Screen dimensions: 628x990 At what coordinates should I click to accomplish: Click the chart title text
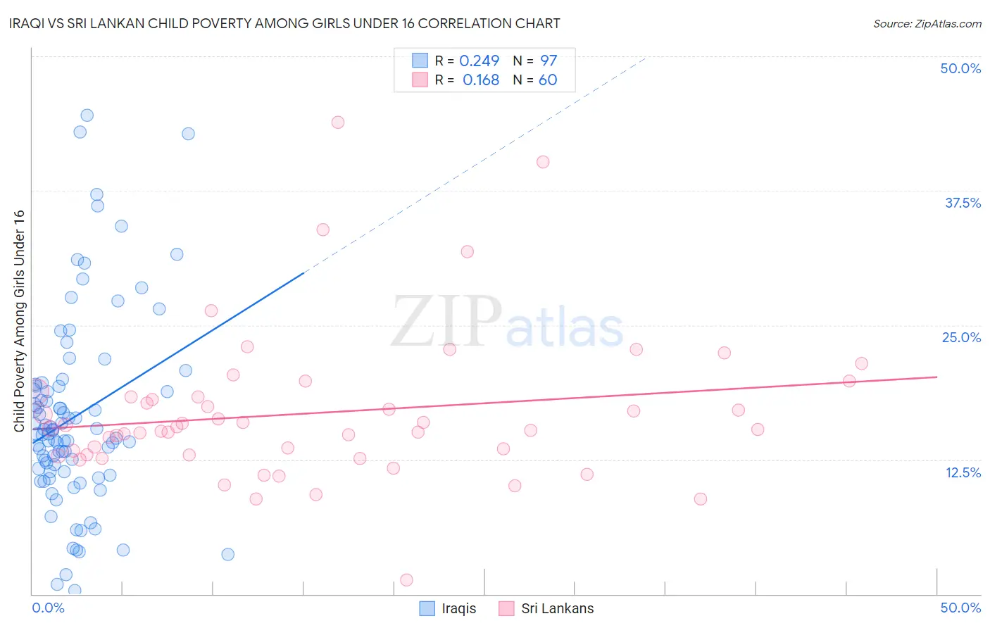point(285,23)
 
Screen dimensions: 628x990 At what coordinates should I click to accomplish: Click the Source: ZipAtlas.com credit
point(927,23)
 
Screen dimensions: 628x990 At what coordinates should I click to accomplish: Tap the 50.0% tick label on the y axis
point(960,68)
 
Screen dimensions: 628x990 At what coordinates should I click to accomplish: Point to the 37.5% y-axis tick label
point(962,203)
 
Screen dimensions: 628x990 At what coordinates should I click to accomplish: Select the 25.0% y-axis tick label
point(960,337)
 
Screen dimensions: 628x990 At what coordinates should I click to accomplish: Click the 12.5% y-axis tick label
point(962,472)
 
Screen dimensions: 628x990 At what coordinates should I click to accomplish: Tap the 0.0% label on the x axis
point(48,608)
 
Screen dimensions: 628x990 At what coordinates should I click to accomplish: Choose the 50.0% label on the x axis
point(960,608)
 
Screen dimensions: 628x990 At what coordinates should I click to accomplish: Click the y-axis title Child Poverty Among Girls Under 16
point(19,321)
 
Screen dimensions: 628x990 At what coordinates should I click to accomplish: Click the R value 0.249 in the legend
point(479,61)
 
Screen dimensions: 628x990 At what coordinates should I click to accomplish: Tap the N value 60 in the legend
point(548,80)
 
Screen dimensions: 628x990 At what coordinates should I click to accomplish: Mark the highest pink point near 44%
point(337,123)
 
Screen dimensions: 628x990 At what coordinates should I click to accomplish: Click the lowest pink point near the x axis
point(406,579)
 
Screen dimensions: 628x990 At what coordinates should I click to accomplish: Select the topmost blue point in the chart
point(87,115)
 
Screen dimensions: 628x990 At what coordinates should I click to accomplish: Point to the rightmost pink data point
point(861,363)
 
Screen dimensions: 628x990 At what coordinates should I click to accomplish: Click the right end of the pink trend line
point(936,377)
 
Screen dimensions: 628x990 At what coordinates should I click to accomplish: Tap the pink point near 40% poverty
point(542,162)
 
